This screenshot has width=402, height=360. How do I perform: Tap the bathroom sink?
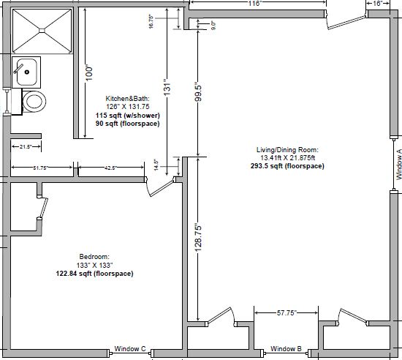click(x=27, y=72)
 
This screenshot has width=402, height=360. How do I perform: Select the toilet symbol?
click(x=33, y=100)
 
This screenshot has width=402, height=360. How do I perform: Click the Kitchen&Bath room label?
click(x=128, y=98)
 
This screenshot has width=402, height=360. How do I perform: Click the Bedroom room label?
click(x=94, y=257)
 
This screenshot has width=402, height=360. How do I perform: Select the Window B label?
click(x=287, y=349)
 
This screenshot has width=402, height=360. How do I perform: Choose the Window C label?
click(x=131, y=349)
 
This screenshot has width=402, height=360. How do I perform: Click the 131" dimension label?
click(x=167, y=88)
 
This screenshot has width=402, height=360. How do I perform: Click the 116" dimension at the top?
click(x=254, y=4)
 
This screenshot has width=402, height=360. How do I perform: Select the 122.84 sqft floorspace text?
click(x=94, y=273)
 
